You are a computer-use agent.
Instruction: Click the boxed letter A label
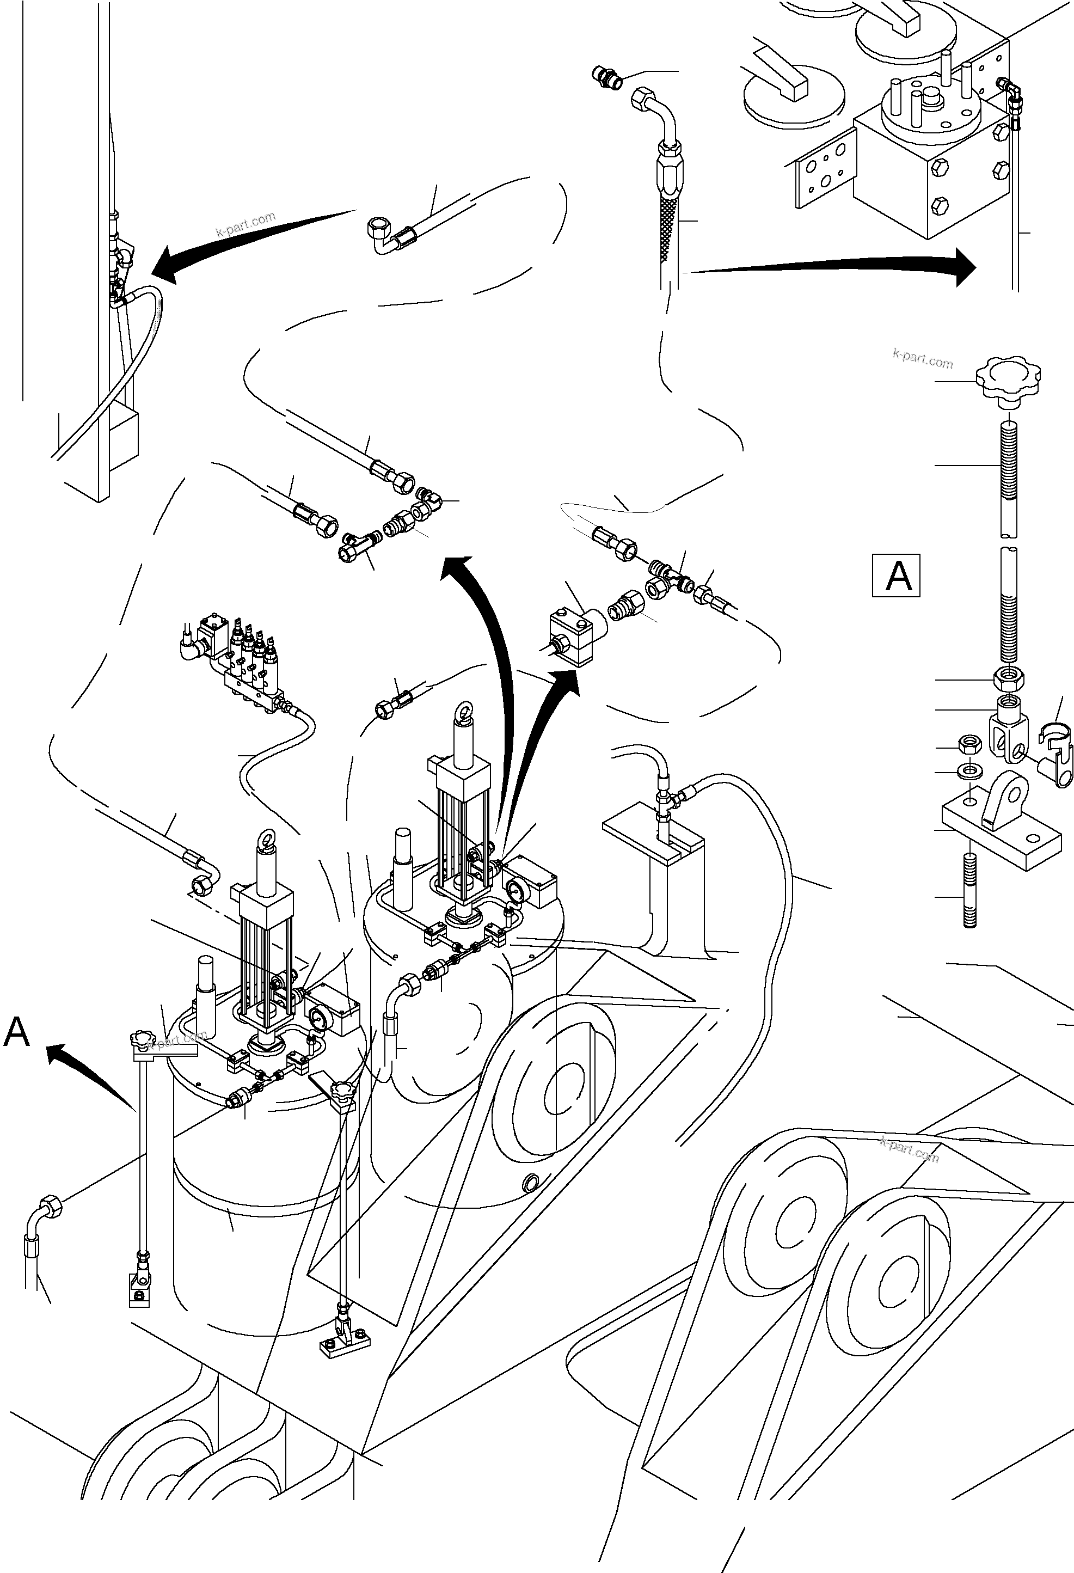point(896,576)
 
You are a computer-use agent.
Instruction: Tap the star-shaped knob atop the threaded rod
point(1007,382)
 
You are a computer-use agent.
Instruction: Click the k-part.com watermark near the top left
point(245,224)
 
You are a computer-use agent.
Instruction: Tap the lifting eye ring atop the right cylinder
point(465,709)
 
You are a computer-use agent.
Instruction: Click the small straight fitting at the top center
point(605,76)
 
